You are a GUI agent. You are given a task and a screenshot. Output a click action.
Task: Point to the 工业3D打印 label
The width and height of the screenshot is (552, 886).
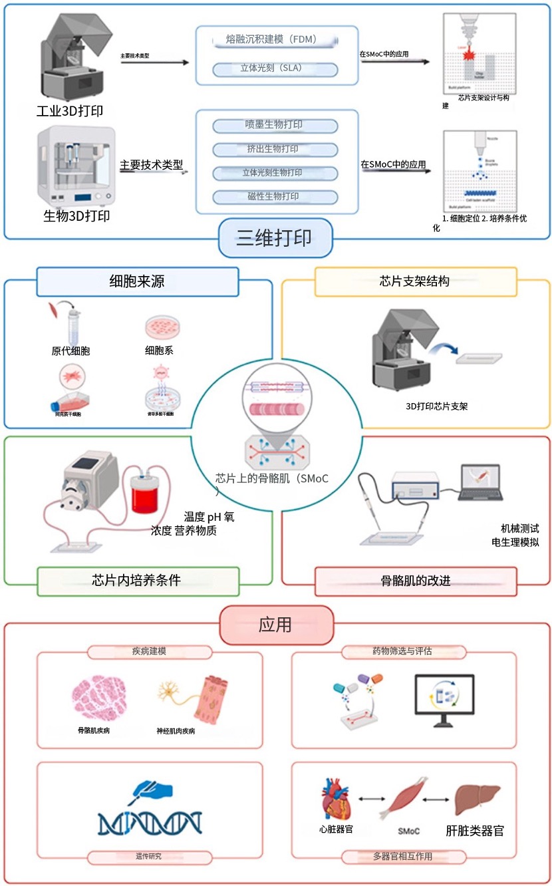(x=70, y=110)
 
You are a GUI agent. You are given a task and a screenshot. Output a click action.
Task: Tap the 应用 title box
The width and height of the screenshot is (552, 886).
(x=275, y=625)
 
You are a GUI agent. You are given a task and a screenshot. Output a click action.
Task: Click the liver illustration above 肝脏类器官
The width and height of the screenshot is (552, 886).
(x=476, y=799)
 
